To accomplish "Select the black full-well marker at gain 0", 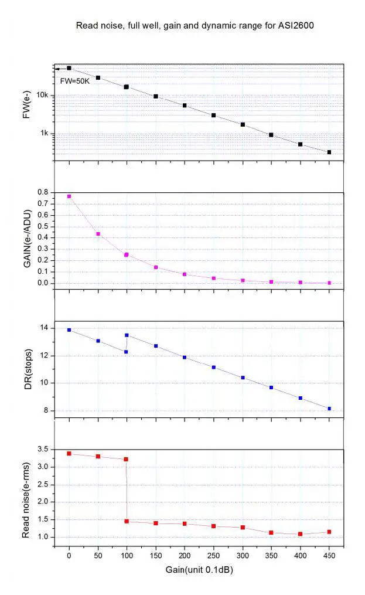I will tap(69, 68).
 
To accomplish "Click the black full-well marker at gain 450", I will tap(329, 152).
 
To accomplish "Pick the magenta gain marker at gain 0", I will tap(69, 196).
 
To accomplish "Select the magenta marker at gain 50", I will tap(98, 234).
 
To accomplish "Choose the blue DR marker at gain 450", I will tap(329, 409).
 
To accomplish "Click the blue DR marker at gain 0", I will tap(69, 330).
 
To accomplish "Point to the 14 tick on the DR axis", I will tap(43, 328).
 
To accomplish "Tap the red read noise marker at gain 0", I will tap(69, 453).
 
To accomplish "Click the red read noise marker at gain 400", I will tap(300, 534).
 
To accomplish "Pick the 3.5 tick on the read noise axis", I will tap(41, 450).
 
